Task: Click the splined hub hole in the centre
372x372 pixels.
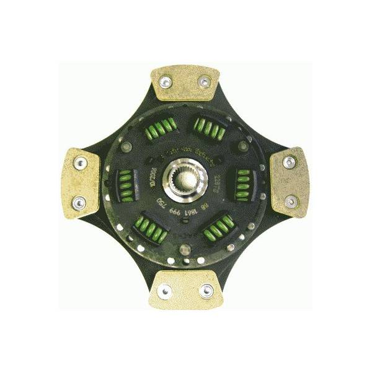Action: (184, 180)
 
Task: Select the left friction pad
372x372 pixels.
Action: (82, 180)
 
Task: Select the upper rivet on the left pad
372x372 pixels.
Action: (79, 162)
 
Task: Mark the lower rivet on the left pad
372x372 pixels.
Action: (79, 200)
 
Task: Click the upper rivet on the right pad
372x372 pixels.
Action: (289, 162)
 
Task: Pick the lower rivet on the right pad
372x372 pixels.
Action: (290, 200)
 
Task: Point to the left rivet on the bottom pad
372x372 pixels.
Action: (166, 287)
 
